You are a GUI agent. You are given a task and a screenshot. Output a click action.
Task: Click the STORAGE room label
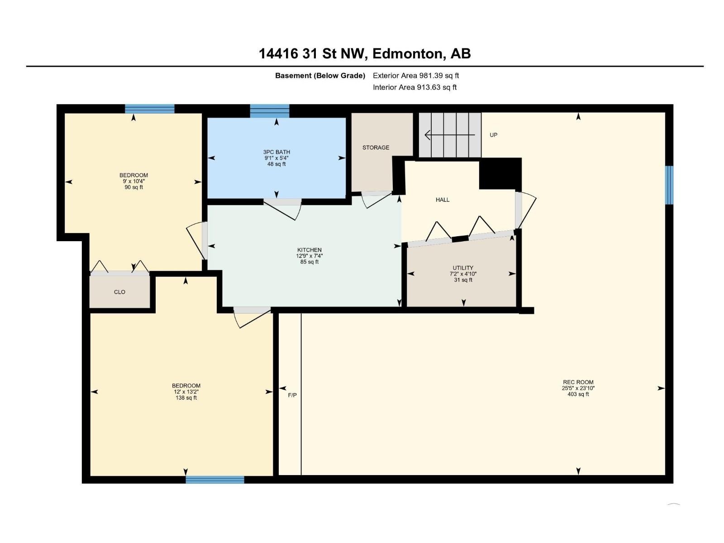coord(376,148)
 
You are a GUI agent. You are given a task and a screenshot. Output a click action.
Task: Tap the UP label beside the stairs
coord(493,135)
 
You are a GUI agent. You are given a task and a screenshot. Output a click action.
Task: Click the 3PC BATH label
coord(276,152)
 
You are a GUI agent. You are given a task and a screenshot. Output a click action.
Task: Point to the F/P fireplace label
coord(292,395)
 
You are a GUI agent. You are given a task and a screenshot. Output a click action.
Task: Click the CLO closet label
coord(119,292)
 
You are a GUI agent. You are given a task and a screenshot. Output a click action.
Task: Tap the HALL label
coord(443,200)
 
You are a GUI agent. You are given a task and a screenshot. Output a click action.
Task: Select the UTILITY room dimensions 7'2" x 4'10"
coord(463,274)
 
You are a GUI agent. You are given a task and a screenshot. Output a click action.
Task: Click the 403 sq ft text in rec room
coord(578,394)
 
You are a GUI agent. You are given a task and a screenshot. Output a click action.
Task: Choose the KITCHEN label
coord(310,250)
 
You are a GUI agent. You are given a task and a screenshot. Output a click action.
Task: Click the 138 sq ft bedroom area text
coord(186,398)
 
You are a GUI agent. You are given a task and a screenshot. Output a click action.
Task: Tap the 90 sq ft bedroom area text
coord(133,187)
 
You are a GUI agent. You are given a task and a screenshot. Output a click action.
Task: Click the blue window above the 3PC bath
coord(270,110)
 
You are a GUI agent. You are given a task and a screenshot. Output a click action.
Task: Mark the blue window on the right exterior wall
coord(669,185)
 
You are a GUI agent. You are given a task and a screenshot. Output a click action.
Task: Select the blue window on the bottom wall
coord(215,480)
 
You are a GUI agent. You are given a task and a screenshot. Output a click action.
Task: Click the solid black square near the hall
coord(500,174)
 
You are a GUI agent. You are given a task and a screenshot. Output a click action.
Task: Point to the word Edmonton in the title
coord(407,53)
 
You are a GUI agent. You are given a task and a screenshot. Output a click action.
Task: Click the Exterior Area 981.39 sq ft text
coord(415,76)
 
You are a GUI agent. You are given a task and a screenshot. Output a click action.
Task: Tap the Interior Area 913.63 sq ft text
coord(414,87)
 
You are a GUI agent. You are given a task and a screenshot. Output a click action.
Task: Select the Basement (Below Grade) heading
coord(320,76)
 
